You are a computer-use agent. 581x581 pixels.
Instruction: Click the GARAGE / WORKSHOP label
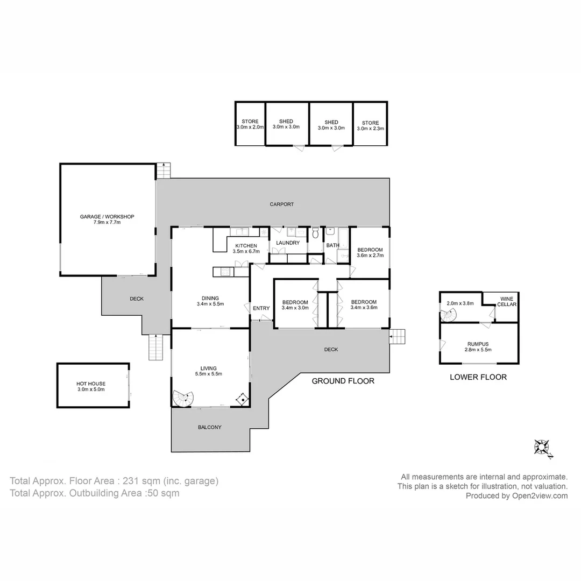tap(107, 217)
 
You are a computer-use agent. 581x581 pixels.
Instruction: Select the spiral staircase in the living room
tap(183, 398)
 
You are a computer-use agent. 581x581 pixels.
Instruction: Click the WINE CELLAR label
tap(507, 301)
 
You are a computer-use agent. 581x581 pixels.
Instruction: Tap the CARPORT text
tap(282, 204)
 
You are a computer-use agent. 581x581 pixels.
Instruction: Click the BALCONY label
tap(209, 428)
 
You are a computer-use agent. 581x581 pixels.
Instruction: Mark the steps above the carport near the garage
tap(163, 171)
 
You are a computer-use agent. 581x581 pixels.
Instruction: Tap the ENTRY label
tap(261, 308)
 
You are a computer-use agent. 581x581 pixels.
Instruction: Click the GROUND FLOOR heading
tap(343, 381)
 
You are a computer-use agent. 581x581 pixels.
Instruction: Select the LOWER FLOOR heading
tap(478, 377)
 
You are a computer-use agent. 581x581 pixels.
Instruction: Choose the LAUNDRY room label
tap(287, 243)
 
